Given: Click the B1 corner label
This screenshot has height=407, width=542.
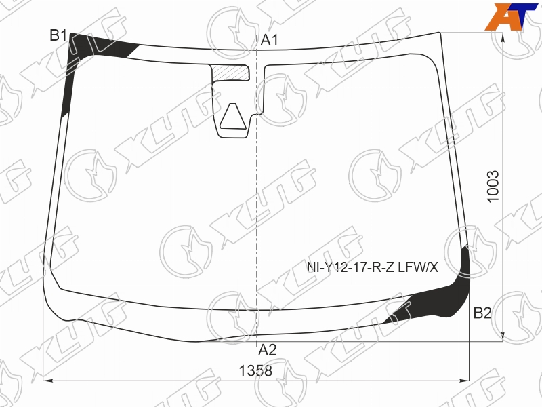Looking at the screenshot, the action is [x=58, y=36].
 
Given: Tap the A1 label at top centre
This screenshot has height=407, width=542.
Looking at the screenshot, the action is [x=269, y=41].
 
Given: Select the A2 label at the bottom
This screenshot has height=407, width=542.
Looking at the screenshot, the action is [x=268, y=350].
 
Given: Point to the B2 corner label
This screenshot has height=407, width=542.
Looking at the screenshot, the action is [x=482, y=313].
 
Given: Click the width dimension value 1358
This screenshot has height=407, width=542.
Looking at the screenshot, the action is [x=256, y=371].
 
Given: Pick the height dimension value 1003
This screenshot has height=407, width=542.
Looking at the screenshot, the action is [x=493, y=187].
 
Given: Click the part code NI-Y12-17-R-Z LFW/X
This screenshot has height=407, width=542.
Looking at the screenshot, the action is [x=373, y=267].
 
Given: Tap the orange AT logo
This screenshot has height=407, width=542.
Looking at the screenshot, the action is [x=512, y=16].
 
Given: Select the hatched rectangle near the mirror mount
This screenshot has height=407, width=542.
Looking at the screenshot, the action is [x=230, y=73].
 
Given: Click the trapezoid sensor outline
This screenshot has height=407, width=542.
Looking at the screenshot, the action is [x=233, y=116].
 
